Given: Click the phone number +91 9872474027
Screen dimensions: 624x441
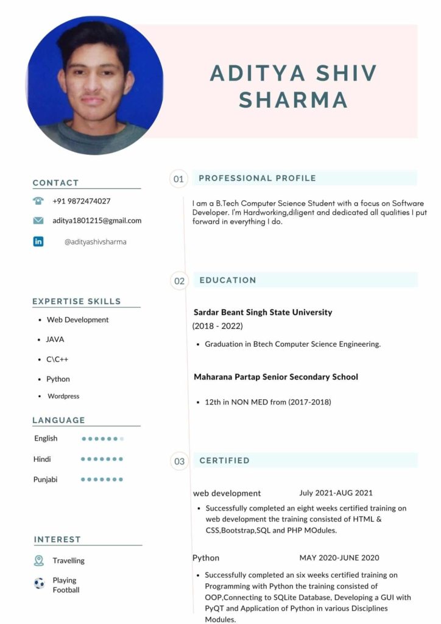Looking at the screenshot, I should [82, 201].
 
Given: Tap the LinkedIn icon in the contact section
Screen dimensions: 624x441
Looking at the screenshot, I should [38, 241].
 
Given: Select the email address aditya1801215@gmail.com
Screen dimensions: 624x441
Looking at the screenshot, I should [97, 221].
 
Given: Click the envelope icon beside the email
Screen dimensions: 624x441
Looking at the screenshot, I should [38, 221].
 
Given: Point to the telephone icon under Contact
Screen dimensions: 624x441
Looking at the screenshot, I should [38, 200].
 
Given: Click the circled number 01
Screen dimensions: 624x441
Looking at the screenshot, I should [178, 179].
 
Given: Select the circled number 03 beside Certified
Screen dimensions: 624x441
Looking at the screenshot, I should [179, 461].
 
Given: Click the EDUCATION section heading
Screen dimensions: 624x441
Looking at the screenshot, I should [228, 280].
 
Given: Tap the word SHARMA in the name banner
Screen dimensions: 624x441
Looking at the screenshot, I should [293, 100].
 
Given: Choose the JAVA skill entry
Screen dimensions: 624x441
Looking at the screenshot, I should [55, 339].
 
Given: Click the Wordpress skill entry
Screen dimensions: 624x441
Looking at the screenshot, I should [63, 396].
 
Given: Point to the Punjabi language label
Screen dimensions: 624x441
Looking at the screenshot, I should [46, 480].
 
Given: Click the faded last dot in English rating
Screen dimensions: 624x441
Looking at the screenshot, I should [122, 439].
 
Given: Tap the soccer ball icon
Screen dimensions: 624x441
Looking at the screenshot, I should [39, 584].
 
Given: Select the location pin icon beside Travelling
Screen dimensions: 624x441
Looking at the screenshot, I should [39, 561].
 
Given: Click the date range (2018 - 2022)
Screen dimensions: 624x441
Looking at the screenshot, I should [217, 326].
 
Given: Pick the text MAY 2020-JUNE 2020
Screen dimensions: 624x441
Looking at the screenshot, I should [339, 558].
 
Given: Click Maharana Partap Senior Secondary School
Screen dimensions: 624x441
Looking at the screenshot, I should [276, 377].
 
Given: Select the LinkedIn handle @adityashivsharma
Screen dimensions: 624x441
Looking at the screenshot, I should [96, 242].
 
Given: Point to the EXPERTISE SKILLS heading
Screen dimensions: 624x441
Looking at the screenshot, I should [77, 302].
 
